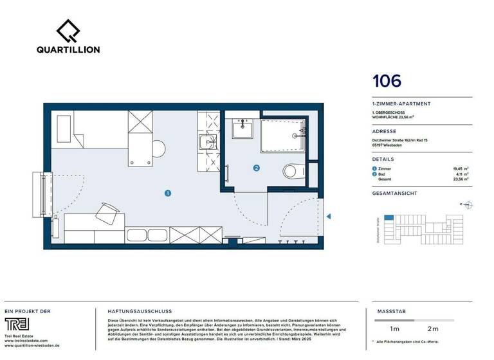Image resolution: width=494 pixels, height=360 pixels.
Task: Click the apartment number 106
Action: pos(387,81)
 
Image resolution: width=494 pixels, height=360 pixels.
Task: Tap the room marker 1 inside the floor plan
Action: pos(167,192)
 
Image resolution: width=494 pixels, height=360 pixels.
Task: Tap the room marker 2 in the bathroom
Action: pos(257,169)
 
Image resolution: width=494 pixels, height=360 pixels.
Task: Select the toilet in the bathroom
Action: pos(290,171)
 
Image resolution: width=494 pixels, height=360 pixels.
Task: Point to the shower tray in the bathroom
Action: pos(284,135)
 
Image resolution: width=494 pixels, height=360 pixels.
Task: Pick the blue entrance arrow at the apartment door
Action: pos(328,218)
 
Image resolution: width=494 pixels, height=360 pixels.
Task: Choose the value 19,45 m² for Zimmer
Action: pos(462,168)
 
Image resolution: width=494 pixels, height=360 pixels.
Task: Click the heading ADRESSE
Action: pos(384,130)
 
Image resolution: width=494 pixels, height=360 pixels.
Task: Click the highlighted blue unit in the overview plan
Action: pos(389,218)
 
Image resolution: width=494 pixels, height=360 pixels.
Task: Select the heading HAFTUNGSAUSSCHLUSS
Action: pos(131,310)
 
